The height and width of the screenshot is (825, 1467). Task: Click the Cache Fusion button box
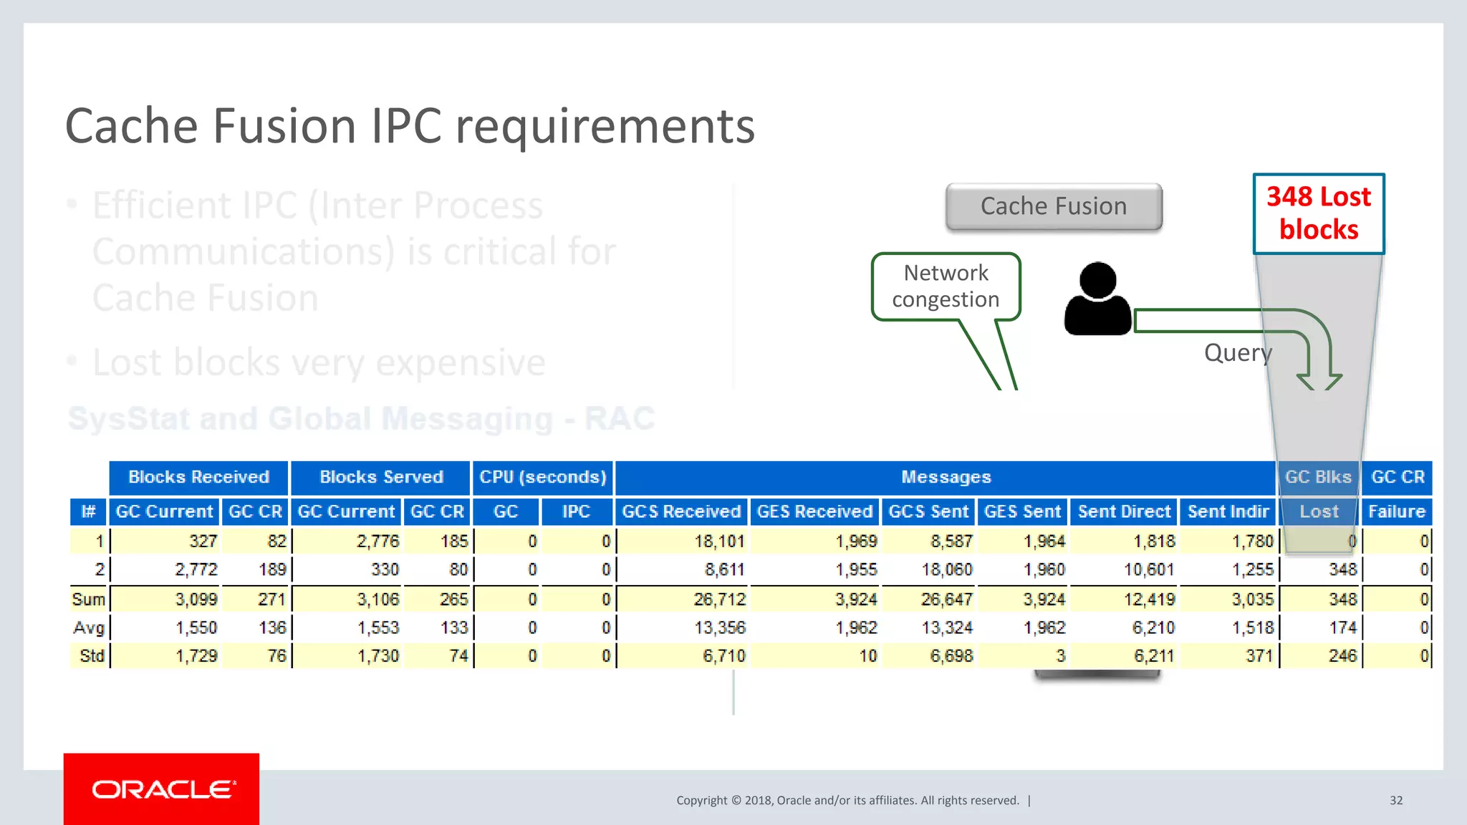point(1053,206)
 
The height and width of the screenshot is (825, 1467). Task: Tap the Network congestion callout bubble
point(946,286)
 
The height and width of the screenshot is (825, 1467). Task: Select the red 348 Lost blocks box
point(1318,213)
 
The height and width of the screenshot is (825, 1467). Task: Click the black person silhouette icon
point(1097,299)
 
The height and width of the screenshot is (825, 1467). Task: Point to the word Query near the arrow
point(1238,352)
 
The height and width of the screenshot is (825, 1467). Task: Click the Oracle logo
point(162,789)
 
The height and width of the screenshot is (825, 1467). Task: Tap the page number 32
point(1396,800)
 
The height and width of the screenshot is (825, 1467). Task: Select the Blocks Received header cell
point(198,477)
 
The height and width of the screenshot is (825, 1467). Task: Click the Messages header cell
point(946,477)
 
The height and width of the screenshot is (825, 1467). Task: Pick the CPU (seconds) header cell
point(542,477)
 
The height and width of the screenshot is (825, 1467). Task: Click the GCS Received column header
point(680,511)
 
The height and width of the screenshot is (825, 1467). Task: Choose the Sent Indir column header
point(1228,511)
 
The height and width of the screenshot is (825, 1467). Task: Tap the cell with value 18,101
point(719,541)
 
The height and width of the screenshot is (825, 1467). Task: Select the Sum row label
point(88,599)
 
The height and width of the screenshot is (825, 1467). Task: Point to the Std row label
point(92,656)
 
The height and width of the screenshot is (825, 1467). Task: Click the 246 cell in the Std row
point(1342,656)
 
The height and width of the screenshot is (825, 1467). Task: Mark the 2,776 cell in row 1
point(377,541)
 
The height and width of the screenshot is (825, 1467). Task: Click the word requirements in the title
point(605,127)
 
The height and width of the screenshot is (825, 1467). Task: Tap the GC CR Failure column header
point(1397,511)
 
